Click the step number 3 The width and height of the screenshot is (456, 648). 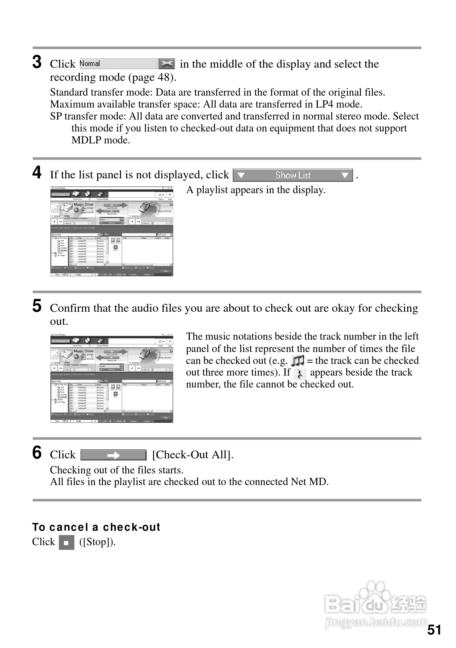point(37,62)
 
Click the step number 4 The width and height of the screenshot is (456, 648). point(37,173)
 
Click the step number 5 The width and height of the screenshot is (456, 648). point(37,306)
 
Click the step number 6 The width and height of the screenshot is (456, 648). point(37,453)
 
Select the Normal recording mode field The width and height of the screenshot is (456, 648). point(118,64)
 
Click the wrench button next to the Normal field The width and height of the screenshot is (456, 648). point(166,64)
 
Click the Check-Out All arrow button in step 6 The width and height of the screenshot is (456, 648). point(113,455)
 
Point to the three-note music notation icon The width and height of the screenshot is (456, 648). point(298,360)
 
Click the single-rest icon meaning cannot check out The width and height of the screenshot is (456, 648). point(300,374)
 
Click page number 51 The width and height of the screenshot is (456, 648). point(434,630)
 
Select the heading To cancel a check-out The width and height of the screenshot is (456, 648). point(96,527)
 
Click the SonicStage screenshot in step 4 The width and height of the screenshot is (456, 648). point(112,232)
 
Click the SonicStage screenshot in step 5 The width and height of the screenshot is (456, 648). point(112,378)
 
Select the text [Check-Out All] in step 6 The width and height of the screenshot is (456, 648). point(193,455)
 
